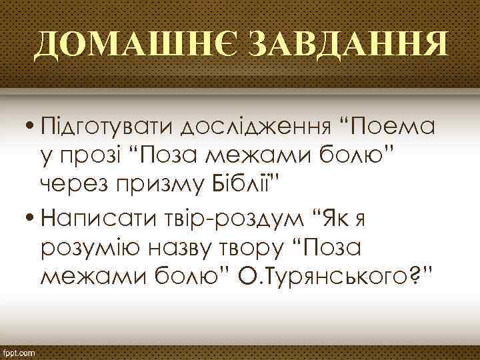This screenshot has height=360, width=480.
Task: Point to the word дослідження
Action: pos(256,125)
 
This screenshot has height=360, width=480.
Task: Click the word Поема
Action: pos(393,125)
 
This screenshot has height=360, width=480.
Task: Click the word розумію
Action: pos(93,247)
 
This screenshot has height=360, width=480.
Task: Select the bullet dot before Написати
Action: pos(31,217)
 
